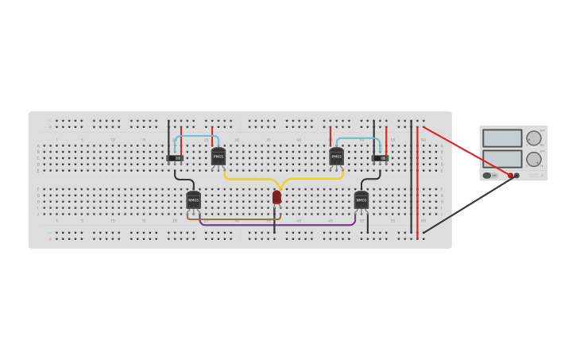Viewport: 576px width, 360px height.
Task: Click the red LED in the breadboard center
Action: point(276,197)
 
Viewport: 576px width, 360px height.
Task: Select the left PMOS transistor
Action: point(218,157)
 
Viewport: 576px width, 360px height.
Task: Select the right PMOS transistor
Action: point(336,157)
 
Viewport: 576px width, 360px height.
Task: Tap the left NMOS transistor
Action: point(194,199)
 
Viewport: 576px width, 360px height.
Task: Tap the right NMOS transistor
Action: point(361,199)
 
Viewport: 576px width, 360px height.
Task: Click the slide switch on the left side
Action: point(175,157)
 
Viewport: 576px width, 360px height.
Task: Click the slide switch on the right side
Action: point(380,157)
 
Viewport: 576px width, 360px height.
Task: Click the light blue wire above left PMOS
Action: point(195,136)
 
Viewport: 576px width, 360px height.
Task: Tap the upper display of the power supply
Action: point(502,138)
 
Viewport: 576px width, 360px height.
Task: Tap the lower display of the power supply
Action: point(502,158)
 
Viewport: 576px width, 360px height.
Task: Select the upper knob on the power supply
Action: point(533,138)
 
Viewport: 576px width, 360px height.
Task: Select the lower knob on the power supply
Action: point(533,159)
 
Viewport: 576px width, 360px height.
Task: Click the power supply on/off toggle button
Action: point(486,176)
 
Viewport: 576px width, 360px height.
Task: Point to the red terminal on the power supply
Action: point(510,176)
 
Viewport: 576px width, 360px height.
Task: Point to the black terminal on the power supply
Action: point(517,176)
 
